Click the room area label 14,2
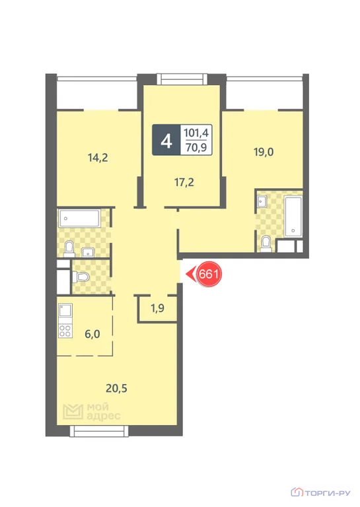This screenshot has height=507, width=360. [x=98, y=158]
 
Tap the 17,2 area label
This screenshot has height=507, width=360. [x=184, y=182]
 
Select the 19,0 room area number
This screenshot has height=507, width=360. [x=264, y=152]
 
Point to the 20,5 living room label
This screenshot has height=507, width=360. [x=116, y=388]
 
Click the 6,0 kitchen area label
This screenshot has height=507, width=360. [x=92, y=334]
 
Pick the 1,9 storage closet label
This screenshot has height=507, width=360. [x=157, y=308]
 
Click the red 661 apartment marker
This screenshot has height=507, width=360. [x=209, y=274]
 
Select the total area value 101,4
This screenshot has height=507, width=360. [x=196, y=133]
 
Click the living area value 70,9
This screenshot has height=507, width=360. [x=196, y=148]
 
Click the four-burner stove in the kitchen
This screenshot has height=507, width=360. [x=65, y=331]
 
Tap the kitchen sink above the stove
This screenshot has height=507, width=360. [x=65, y=311]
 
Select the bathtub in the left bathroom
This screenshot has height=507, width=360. [x=79, y=219]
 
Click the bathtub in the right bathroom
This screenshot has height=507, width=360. [x=293, y=216]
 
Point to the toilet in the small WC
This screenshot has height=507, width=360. [x=81, y=277]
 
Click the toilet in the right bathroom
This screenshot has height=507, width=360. [x=266, y=244]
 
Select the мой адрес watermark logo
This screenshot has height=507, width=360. [x=92, y=411]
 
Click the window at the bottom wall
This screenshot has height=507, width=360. [x=99, y=431]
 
